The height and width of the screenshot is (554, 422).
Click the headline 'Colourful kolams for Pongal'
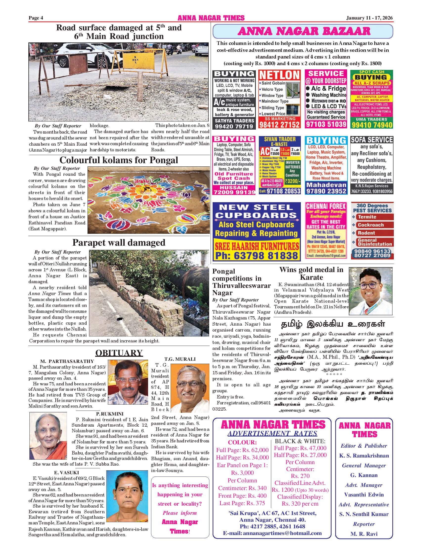tap(119, 160)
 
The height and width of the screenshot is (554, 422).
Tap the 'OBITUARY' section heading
tap(119, 353)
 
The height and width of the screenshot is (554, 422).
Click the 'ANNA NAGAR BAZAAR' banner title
tap(304, 31)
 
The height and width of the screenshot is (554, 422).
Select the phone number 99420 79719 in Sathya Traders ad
tap(234, 126)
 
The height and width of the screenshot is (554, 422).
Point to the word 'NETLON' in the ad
tap(279, 75)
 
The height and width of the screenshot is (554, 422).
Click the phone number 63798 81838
tap(256, 256)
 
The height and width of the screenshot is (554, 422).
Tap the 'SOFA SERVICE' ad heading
tap(372, 140)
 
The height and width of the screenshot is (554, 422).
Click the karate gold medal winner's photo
tap(371, 291)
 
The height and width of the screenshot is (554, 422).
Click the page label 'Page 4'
tap(36, 18)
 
